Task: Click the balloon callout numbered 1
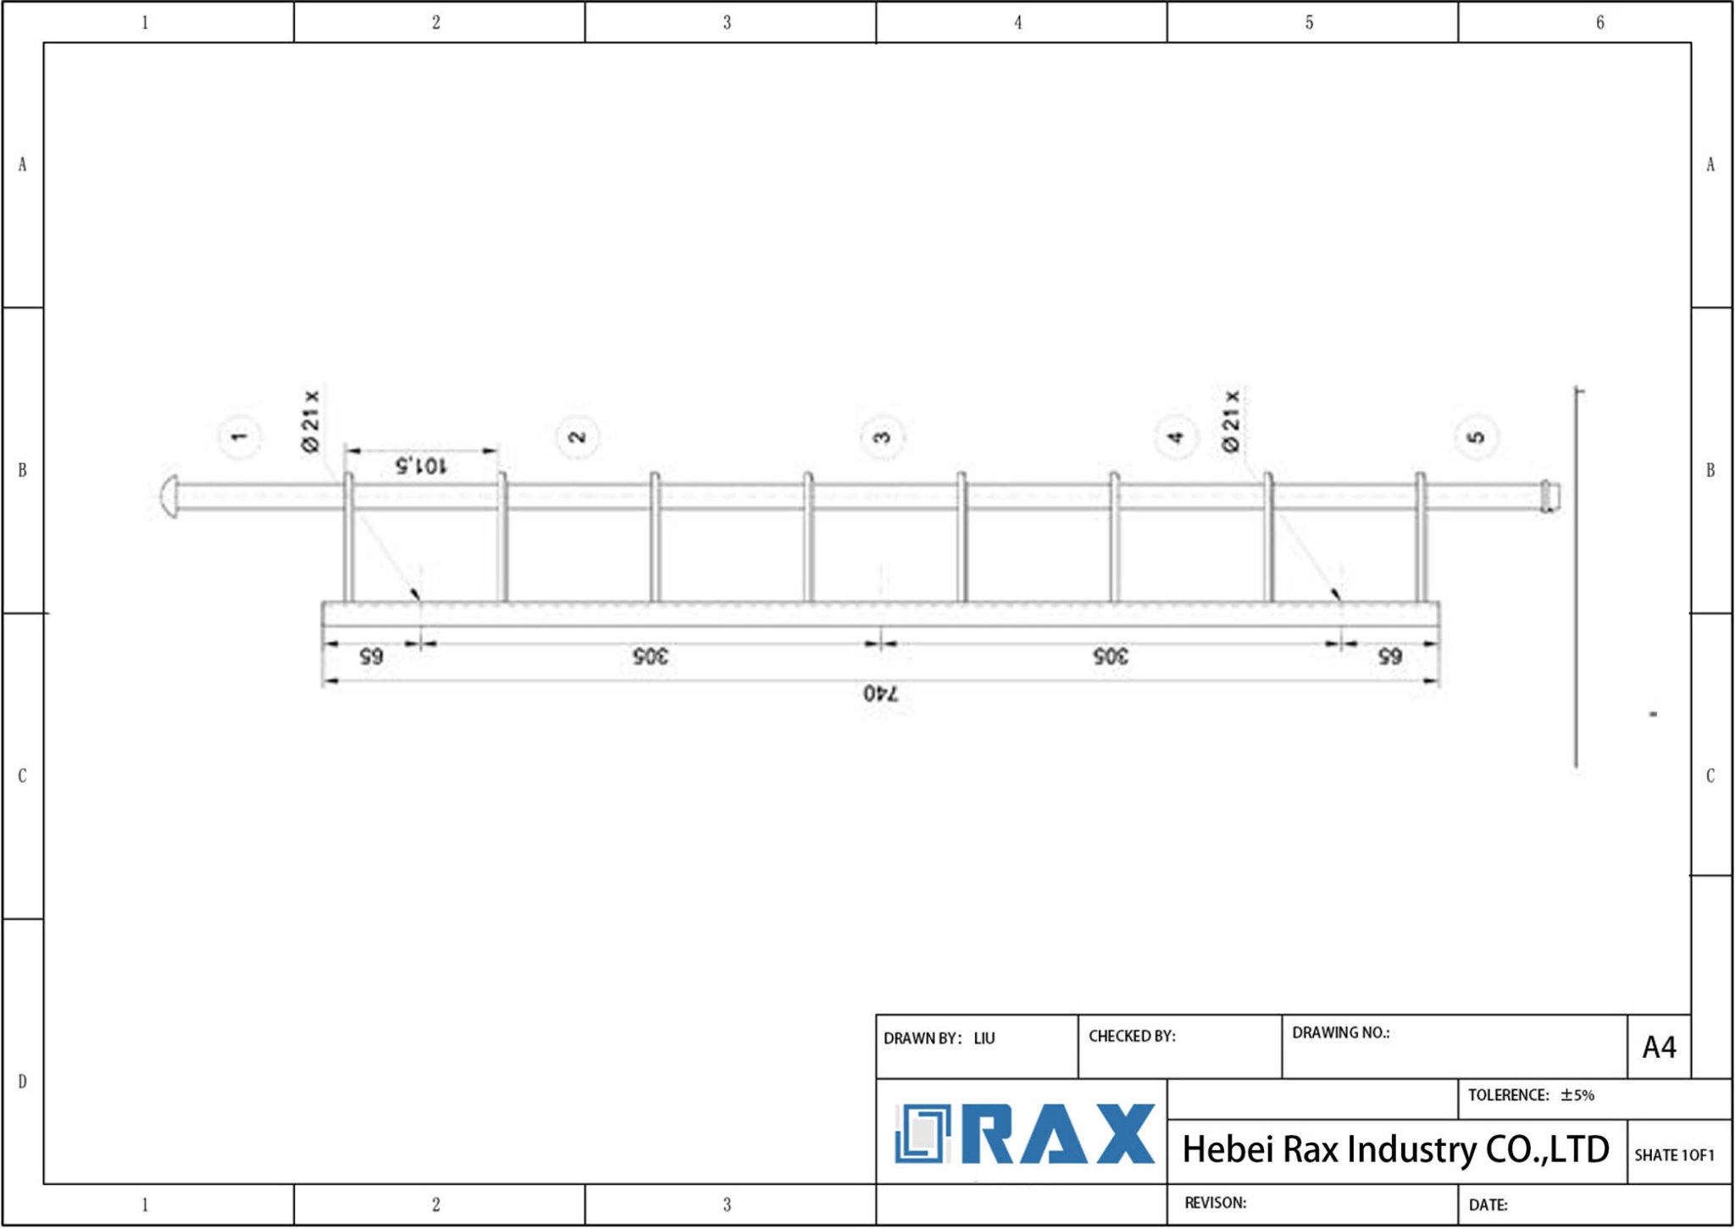240,437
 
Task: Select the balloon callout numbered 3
882,437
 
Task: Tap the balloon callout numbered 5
1477,437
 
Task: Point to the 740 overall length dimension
881,694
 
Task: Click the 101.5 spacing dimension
420,465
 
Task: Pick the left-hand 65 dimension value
371,656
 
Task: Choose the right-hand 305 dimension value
1111,656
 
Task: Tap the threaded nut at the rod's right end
1549,496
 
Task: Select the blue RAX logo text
1059,1134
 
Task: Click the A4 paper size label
1659,1048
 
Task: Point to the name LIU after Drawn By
984,1038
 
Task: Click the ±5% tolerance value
1577,1095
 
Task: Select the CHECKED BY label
1132,1037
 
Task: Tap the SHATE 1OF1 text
1674,1155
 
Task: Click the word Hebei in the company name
1228,1150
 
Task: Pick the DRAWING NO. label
1340,1033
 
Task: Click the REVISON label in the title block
1215,1203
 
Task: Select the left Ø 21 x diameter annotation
311,421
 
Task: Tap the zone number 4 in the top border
1018,23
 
